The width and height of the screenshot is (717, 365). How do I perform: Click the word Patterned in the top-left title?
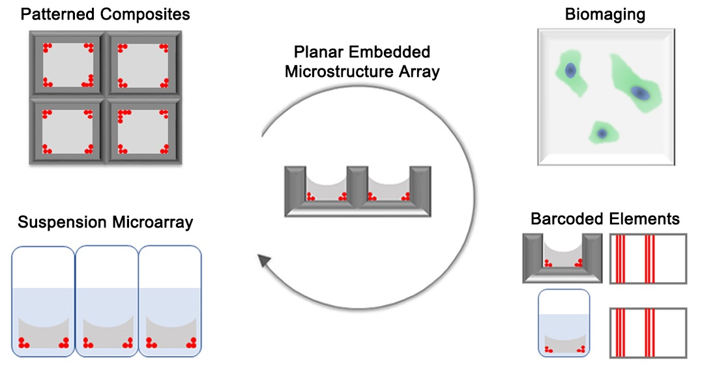[53, 14]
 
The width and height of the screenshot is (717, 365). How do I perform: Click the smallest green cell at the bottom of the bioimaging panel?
[601, 132]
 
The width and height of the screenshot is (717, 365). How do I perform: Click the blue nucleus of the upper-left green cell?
[570, 70]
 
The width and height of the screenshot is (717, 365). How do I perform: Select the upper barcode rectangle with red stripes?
[648, 259]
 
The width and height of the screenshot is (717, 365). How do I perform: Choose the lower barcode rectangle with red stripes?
[648, 332]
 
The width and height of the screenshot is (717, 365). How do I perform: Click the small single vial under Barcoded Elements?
[564, 323]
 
